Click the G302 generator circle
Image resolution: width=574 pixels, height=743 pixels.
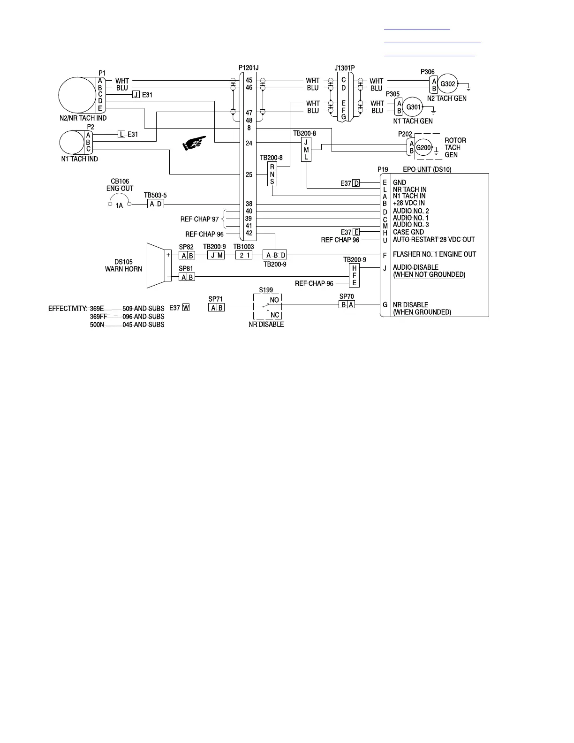[448, 84]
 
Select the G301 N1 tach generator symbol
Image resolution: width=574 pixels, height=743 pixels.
[413, 107]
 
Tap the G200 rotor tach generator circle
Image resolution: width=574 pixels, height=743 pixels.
[423, 147]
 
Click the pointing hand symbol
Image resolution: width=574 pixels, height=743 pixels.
[194, 143]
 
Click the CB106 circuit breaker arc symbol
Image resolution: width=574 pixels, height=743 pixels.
[120, 201]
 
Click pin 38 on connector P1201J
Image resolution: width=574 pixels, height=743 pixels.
[249, 204]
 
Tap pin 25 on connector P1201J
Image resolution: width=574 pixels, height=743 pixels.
[249, 174]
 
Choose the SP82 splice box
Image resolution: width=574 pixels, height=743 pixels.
[187, 255]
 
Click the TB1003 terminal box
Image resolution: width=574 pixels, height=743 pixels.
[244, 255]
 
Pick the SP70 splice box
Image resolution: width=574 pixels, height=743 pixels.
[347, 304]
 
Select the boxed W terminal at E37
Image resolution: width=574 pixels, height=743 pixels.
[186, 308]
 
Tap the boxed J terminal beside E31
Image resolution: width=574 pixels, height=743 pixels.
[136, 95]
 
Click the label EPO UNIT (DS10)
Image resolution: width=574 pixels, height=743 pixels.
[427, 169]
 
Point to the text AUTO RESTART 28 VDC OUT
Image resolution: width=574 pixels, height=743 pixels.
[434, 240]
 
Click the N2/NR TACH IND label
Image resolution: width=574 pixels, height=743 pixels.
[83, 118]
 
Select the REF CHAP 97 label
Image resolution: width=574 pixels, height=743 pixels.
[199, 219]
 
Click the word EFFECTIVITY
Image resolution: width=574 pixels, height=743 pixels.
[68, 309]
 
